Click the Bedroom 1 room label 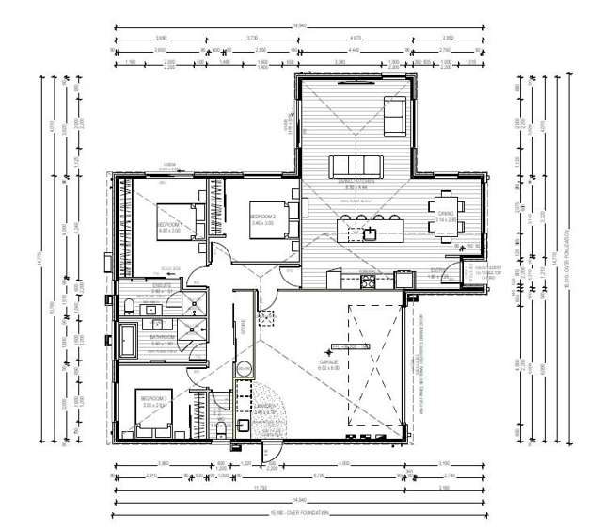click(169, 227)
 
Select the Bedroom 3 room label click(154, 400)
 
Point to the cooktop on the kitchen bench click(368, 279)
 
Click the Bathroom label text click(162, 336)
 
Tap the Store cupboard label click(243, 330)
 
